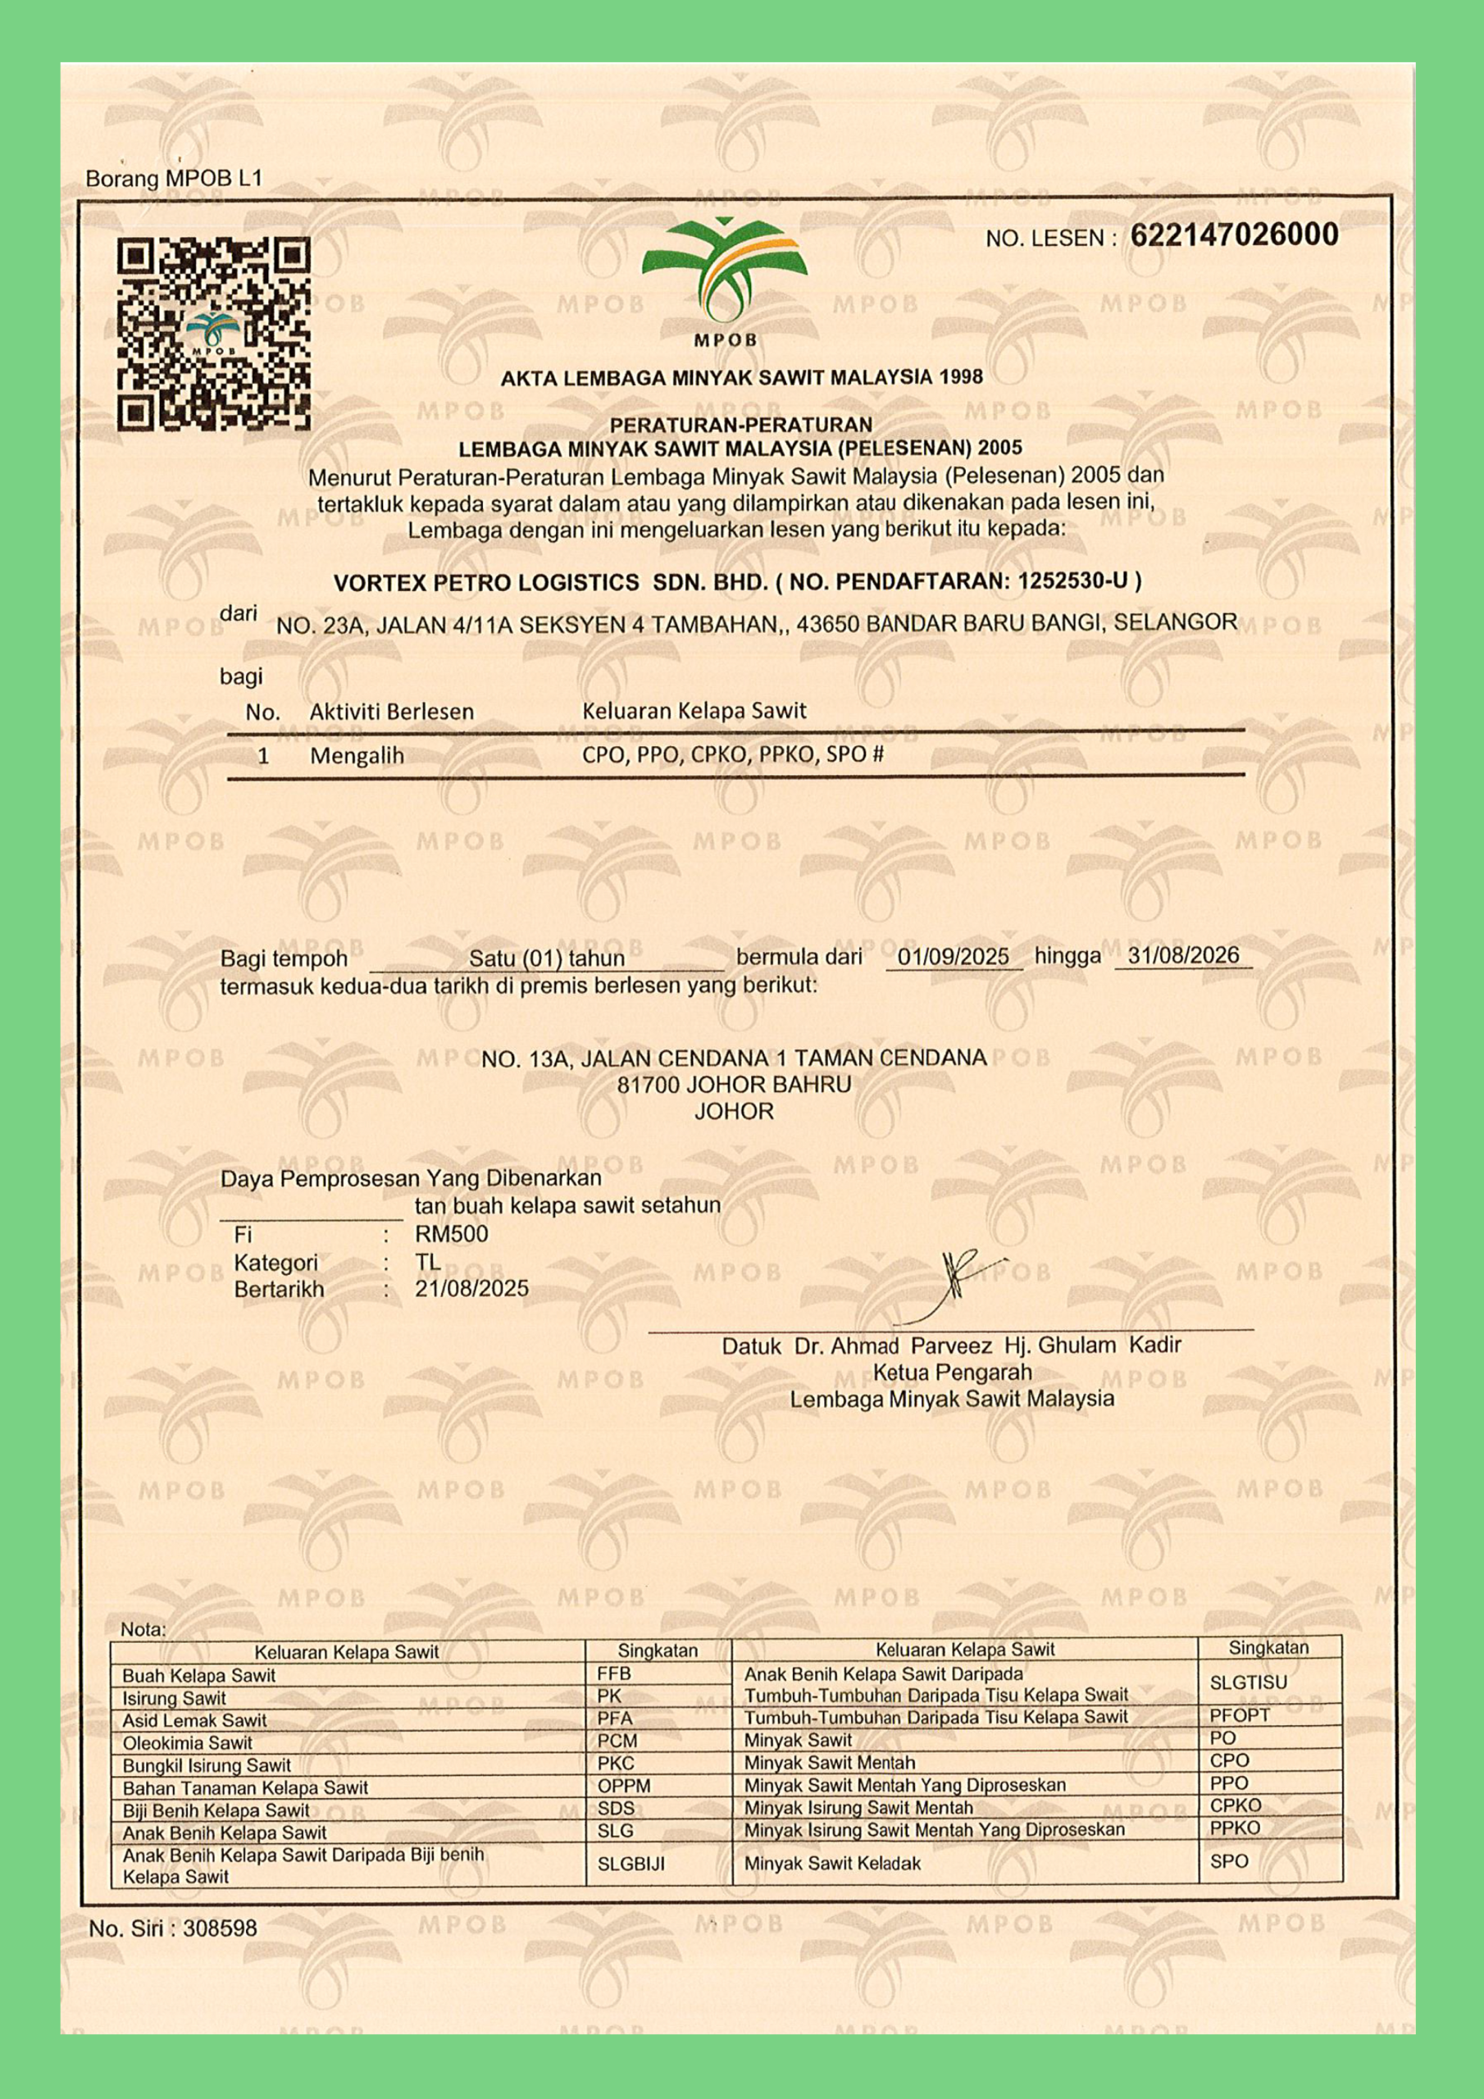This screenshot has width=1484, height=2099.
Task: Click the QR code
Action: click(x=213, y=334)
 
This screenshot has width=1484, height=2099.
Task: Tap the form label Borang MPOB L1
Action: click(x=174, y=178)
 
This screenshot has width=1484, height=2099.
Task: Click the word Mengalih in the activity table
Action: click(x=357, y=756)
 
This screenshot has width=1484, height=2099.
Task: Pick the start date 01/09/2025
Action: click(x=953, y=956)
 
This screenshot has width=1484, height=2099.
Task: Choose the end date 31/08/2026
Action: click(x=1183, y=955)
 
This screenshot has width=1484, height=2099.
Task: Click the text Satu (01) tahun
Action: click(x=547, y=958)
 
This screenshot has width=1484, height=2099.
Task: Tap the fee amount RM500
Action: click(x=452, y=1233)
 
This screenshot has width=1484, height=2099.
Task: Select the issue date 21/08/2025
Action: click(x=471, y=1288)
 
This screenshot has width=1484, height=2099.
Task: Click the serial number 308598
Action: click(x=220, y=1928)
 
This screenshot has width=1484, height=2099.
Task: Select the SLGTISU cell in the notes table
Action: click(x=1247, y=1682)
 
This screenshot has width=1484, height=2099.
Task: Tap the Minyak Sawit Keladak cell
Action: click(x=832, y=1863)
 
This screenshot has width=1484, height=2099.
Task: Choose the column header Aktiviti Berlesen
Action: click(x=391, y=711)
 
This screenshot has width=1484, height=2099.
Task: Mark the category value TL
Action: click(x=428, y=1262)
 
